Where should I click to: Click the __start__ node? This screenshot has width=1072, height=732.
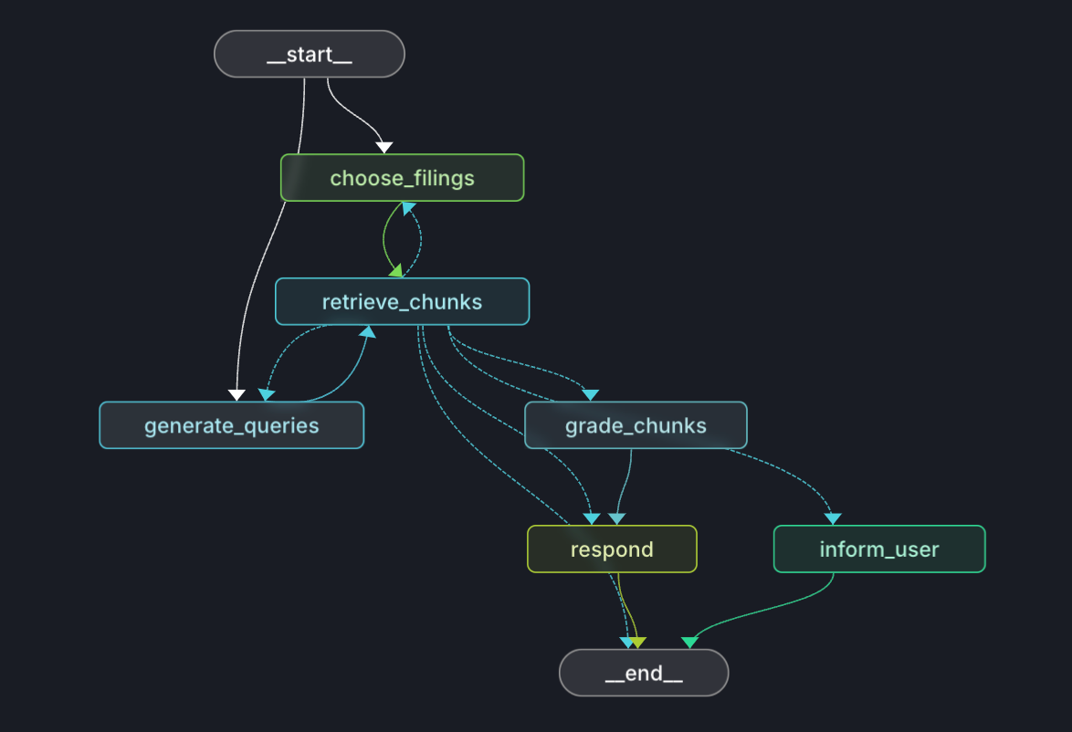point(309,54)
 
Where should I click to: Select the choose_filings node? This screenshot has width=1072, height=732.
point(402,177)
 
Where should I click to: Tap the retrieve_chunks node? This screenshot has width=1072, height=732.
point(402,301)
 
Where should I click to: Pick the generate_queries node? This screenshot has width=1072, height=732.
point(231,425)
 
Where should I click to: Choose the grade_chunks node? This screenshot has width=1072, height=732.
point(636,425)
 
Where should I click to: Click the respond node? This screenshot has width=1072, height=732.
point(612,549)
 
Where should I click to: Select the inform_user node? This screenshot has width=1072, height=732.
point(879,549)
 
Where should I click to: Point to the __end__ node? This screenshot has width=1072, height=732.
point(644,674)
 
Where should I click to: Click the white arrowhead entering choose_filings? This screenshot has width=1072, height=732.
point(384,147)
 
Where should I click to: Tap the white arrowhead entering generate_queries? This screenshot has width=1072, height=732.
point(236,394)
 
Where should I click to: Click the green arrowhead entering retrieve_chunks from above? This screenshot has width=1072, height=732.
point(395,271)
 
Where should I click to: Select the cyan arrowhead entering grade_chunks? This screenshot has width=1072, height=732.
point(591,394)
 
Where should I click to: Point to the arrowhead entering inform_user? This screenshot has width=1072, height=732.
point(833,518)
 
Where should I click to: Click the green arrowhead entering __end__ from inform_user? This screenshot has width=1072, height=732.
point(689,643)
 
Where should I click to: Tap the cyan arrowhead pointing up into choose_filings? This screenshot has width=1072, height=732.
point(409,209)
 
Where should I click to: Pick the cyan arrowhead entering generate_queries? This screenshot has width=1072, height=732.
point(266,394)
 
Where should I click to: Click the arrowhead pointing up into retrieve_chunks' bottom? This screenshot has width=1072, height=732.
point(368,332)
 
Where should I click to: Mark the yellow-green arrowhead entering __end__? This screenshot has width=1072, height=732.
point(638,643)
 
